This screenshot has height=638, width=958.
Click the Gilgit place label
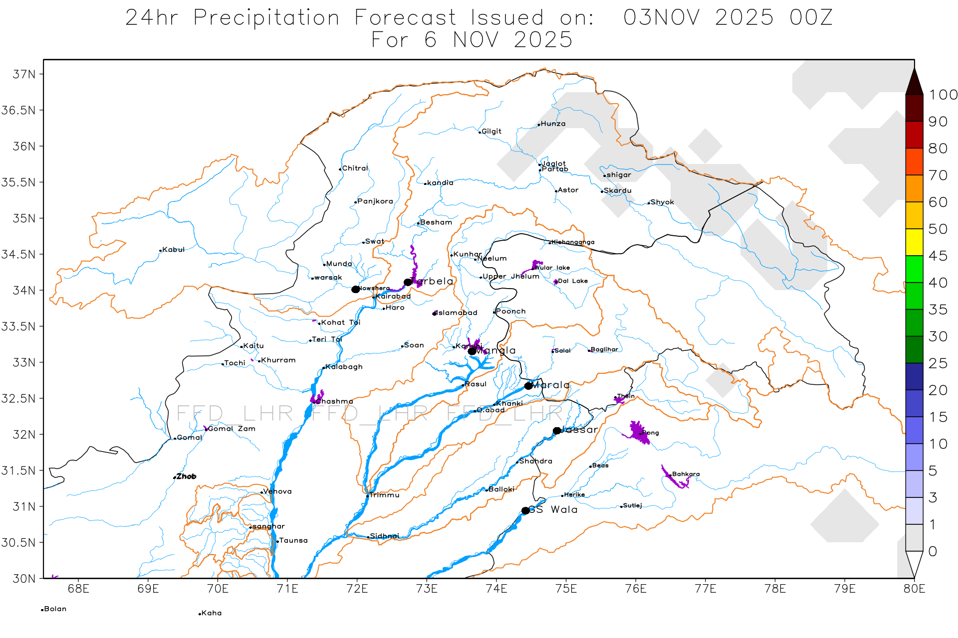(x=491, y=132)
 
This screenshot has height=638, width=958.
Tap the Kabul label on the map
(x=173, y=250)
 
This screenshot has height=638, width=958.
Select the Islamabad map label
(x=457, y=313)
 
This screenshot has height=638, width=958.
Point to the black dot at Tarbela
(x=408, y=282)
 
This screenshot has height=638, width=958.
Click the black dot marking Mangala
(x=472, y=351)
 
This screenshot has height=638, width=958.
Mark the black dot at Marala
(x=528, y=386)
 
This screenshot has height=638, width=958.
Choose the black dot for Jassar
(x=557, y=431)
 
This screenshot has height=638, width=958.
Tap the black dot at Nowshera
(x=355, y=290)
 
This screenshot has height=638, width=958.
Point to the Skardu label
(x=617, y=191)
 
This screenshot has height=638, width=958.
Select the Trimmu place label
(x=384, y=495)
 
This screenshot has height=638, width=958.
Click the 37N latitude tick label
(x=24, y=74)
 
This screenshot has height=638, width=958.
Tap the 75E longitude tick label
(x=566, y=589)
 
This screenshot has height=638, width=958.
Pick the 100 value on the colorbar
(x=943, y=95)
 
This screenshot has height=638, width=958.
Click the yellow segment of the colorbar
(x=914, y=242)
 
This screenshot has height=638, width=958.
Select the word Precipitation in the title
(x=266, y=18)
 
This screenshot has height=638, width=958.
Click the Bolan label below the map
(x=55, y=609)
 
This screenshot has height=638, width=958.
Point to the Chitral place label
(x=354, y=168)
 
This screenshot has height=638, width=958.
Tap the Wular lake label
(x=552, y=268)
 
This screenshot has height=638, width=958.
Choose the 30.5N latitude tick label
(x=18, y=543)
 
